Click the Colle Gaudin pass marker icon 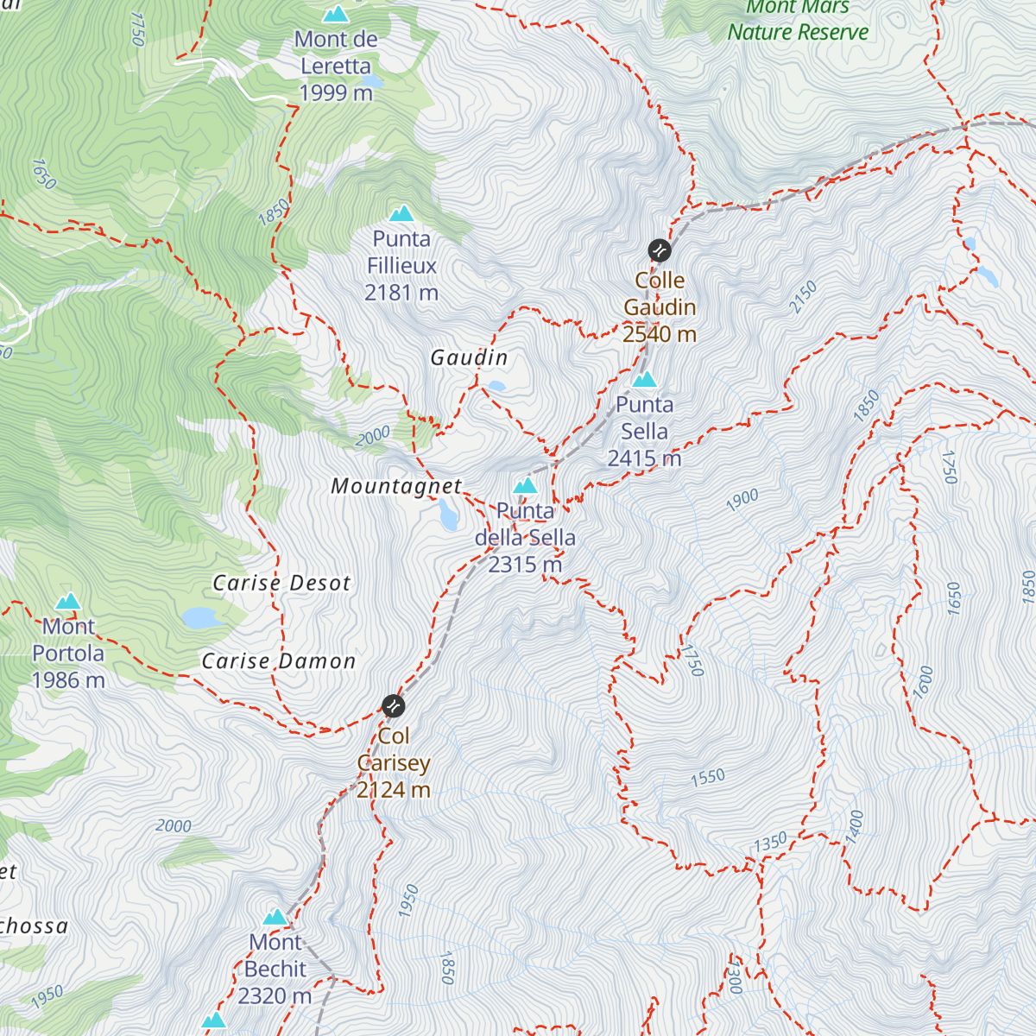(660, 250)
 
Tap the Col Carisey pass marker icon (393, 705)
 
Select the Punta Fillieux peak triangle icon (401, 213)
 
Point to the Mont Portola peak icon (68, 602)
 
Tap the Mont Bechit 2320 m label (275, 969)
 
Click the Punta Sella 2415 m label (644, 431)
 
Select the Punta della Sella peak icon (525, 486)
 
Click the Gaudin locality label (469, 357)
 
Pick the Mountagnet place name (396, 486)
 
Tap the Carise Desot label (281, 584)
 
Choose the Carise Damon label (278, 661)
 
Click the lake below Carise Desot (200, 617)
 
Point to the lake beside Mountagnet (447, 515)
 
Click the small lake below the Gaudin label (496, 386)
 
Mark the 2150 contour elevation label (803, 298)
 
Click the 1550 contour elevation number (707, 777)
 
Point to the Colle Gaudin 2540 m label (660, 307)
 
